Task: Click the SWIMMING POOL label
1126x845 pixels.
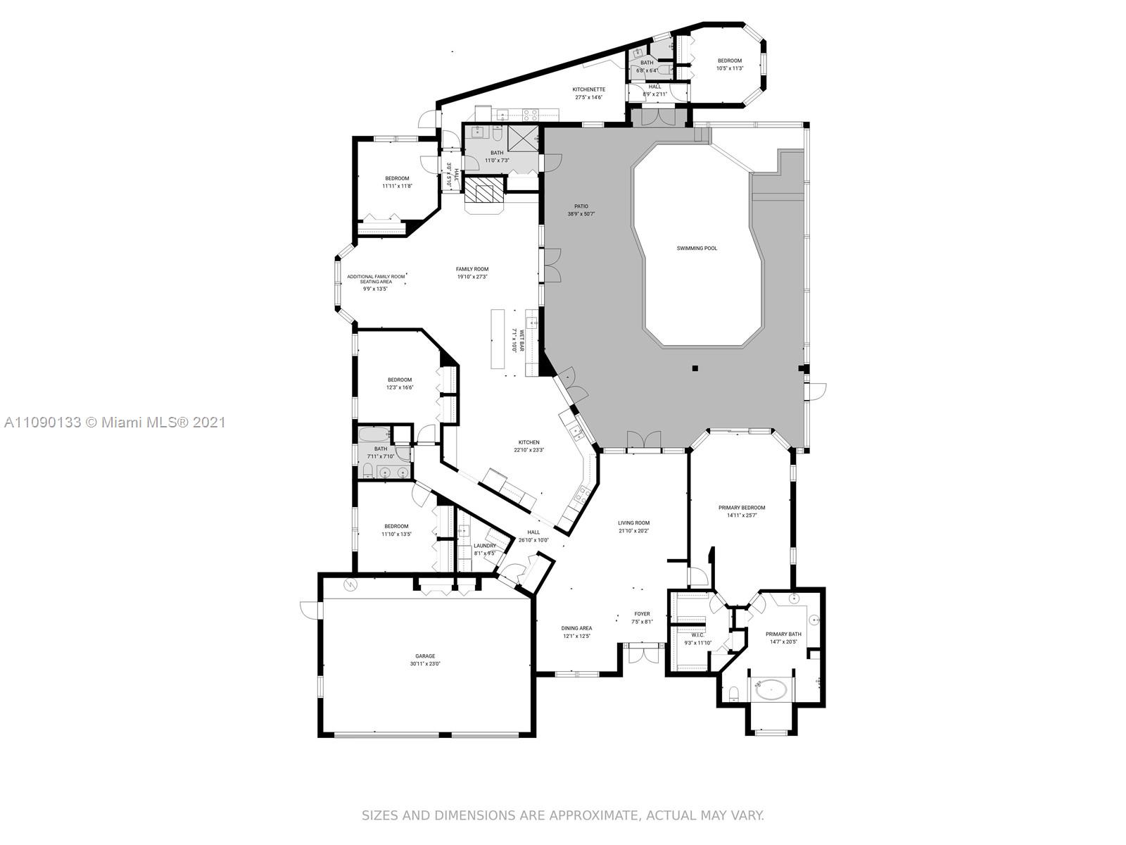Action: point(697,248)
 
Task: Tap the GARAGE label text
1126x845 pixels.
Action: point(424,656)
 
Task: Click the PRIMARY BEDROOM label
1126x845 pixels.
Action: point(741,508)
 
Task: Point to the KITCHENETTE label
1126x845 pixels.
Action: point(588,89)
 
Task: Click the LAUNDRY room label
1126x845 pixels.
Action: point(484,546)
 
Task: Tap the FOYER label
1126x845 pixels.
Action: point(642,613)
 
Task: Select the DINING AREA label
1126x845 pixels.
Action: point(576,628)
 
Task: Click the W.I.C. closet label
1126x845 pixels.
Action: point(697,635)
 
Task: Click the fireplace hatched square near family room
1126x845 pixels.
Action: point(484,190)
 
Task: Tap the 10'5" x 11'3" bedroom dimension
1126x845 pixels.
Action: point(730,68)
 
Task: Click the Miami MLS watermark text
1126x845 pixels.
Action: point(115,423)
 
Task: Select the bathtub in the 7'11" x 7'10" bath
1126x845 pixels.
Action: point(374,435)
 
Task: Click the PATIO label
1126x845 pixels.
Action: point(581,206)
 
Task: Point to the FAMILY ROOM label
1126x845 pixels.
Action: point(472,269)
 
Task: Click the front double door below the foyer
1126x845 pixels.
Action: point(642,653)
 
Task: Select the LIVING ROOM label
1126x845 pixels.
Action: point(633,522)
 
